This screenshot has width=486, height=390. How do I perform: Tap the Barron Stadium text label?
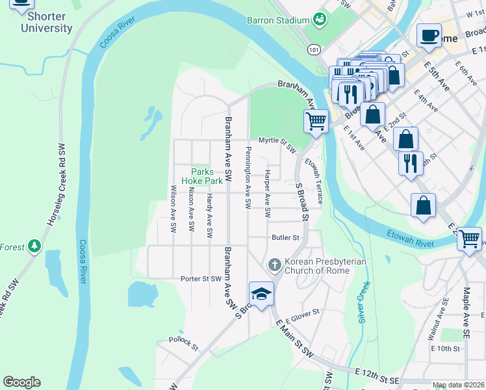[x=277, y=20]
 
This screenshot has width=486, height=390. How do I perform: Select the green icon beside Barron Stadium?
[x=319, y=19]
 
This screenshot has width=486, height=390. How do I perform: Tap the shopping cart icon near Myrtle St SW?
[x=316, y=121]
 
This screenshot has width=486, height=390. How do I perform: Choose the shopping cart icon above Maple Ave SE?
[x=469, y=239]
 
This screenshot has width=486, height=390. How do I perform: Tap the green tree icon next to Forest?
[x=34, y=246]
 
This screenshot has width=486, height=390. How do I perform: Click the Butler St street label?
[x=285, y=239]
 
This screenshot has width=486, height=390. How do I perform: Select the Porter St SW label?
[x=201, y=279]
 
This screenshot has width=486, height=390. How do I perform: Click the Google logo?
[x=21, y=382]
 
